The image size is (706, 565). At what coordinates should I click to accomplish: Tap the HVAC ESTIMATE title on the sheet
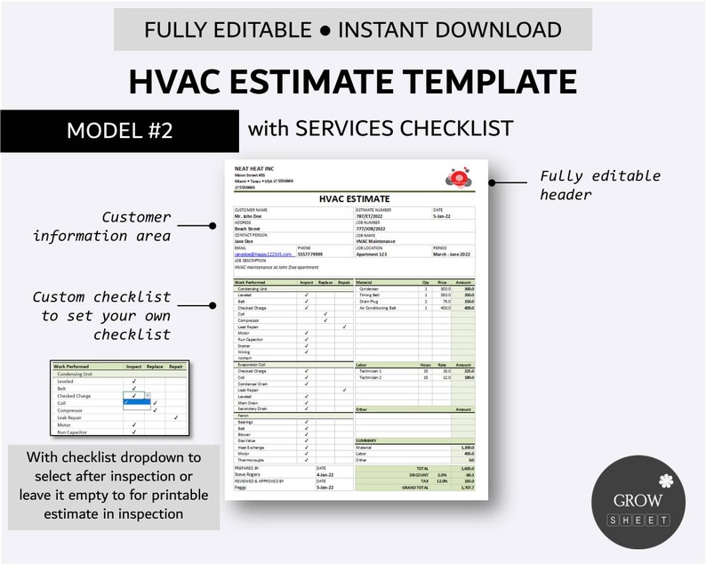pos(354,199)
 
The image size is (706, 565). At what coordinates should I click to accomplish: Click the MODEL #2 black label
pos(119,130)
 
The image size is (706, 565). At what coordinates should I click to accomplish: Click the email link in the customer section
pos(258,254)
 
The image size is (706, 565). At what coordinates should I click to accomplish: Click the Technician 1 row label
pos(371,371)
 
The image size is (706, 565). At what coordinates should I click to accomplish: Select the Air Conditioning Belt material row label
pos(379,308)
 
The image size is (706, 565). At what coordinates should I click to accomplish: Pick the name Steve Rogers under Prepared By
pos(248,475)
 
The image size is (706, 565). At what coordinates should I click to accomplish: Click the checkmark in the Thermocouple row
pos(306,459)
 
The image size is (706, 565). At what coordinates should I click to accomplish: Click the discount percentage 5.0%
pos(441,475)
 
